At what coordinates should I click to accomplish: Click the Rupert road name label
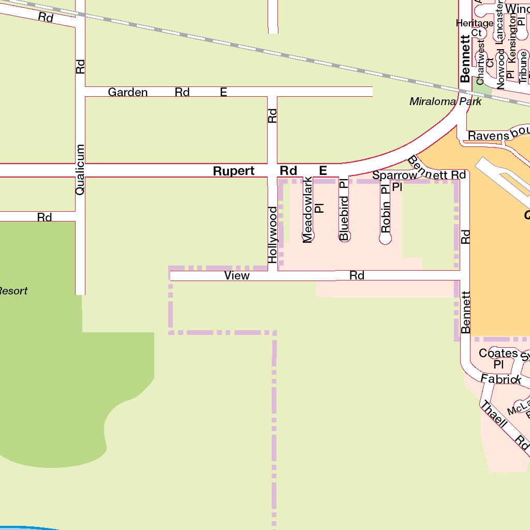233,171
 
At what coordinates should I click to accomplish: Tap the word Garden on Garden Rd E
127,92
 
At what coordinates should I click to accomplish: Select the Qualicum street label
80,170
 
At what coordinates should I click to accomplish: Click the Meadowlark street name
308,210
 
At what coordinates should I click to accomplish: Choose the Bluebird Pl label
344,210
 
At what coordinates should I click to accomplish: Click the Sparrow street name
394,175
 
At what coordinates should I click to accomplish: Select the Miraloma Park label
445,101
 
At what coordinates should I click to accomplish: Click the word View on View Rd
237,276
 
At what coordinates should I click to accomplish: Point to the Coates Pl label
498,358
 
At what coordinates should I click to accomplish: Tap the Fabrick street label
500,379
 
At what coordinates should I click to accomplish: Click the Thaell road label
493,414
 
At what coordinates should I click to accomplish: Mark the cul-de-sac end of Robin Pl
385,239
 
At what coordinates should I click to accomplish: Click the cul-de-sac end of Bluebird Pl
345,236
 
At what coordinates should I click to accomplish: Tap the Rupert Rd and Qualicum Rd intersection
80,170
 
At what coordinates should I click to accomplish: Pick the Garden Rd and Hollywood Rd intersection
273,92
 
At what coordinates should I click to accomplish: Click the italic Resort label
13,291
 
